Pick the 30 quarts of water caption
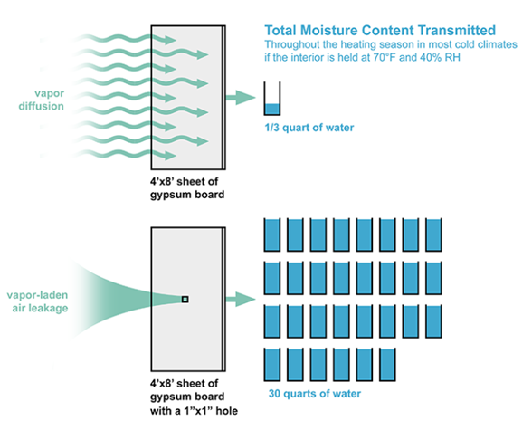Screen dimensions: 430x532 [x=314, y=394]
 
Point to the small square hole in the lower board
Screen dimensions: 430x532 [x=185, y=299]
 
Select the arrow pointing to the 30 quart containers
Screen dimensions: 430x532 [x=241, y=299]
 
